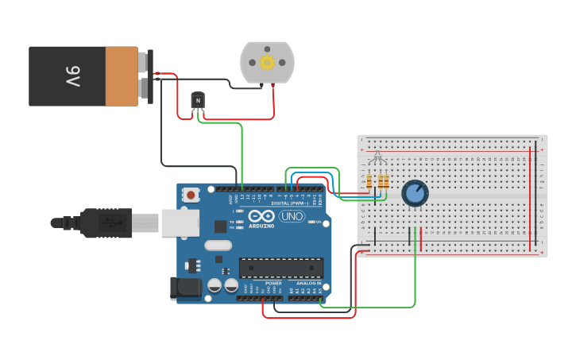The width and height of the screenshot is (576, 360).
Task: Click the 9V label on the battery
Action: click(73, 76)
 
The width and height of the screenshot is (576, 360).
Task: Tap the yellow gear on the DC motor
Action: click(267, 62)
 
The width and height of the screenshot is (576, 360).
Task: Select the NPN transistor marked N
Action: click(198, 101)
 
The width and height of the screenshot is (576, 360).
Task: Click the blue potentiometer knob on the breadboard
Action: click(414, 193)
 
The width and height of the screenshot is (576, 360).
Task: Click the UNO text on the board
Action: click(292, 215)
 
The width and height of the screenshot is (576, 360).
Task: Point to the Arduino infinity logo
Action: click(261, 215)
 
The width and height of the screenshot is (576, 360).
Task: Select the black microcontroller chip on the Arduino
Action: click(280, 269)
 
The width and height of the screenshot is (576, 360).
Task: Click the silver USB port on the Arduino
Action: click(180, 223)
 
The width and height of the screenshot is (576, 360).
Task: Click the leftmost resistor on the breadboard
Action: click(369, 182)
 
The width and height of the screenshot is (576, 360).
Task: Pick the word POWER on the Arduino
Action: click(273, 284)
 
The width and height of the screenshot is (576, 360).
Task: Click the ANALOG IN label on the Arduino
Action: click(309, 284)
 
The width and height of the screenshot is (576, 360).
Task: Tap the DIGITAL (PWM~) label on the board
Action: click(291, 203)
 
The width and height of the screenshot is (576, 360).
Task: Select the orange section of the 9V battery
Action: click(122, 76)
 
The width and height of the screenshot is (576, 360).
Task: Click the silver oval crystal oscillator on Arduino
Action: click(218, 246)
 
